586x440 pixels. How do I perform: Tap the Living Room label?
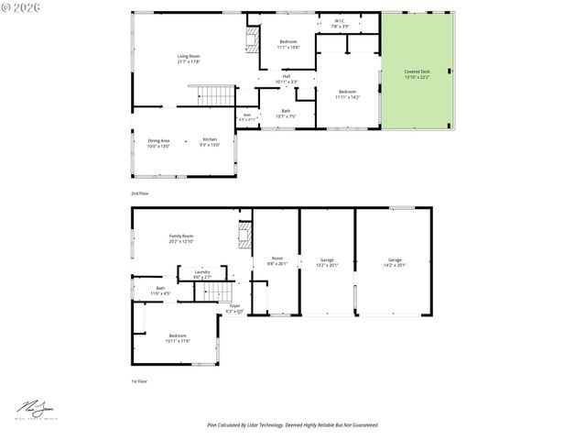coord(189,59)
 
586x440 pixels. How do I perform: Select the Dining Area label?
coord(159,142)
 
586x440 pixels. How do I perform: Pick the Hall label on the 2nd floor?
coord(287,79)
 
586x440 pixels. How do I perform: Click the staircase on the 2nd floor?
coord(217,94)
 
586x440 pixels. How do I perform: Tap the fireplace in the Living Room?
coord(251,39)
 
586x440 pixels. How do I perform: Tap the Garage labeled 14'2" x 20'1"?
coord(395,262)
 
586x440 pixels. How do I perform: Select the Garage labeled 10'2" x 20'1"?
coord(327,262)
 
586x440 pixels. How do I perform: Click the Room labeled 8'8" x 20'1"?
coord(277,260)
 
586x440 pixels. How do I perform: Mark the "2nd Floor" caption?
coord(139,194)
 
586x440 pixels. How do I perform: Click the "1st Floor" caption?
coord(138,380)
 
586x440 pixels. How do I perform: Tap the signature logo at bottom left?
coord(36,408)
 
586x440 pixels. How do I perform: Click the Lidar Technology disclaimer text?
coord(292,424)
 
